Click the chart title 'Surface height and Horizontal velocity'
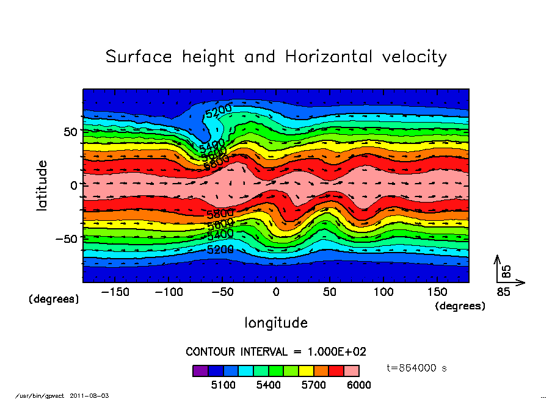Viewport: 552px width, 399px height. pos(276,57)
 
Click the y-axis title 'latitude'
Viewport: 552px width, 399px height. pos(42,185)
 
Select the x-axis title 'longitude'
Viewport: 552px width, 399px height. pos(276,323)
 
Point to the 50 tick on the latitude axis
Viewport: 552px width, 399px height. pos(69,132)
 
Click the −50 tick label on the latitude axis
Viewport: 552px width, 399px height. pos(65,239)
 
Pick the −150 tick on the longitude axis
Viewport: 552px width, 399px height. pos(115,292)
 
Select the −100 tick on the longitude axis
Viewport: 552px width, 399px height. pos(169,292)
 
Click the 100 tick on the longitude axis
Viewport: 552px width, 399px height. pos(383,292)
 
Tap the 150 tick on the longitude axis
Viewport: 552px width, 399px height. pos(437,292)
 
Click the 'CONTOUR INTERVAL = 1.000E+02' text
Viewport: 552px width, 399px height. pos(276,352)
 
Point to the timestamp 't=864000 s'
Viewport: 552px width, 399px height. pos(418,368)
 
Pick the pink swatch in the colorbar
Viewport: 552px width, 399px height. pos(352,370)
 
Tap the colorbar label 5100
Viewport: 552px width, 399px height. pos(223,385)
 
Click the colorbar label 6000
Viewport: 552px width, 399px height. pos(358,385)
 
